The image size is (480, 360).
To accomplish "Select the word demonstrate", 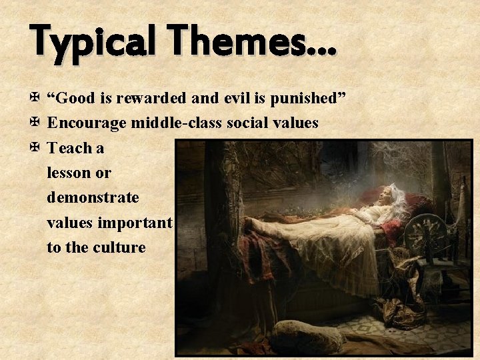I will pyautogui.click(x=93, y=197).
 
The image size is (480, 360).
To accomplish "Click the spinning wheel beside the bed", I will pyautogui.click(x=427, y=237).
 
